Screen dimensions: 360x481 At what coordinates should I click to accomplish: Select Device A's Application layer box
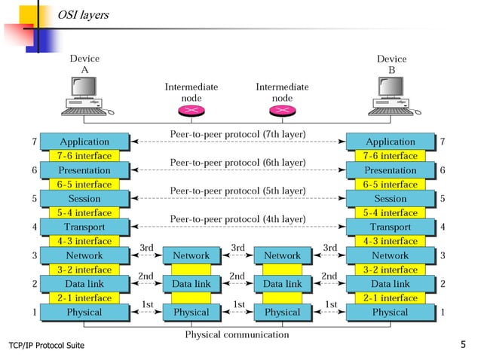pos(84,142)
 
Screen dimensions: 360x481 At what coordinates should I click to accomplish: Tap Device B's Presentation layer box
pos(390,170)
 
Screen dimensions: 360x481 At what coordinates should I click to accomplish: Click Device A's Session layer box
pos(84,199)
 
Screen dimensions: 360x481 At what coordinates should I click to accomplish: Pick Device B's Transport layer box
pos(390,227)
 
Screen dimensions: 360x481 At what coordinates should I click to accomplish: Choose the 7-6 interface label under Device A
pos(84,156)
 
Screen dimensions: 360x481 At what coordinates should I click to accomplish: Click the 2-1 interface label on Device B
pos(390,298)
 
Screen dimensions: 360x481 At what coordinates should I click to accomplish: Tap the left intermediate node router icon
pos(191,111)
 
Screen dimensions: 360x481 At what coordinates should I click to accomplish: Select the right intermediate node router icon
pos(282,111)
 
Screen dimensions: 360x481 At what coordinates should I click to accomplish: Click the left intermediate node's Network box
pos(191,255)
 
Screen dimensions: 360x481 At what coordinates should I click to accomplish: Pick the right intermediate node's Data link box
pos(282,284)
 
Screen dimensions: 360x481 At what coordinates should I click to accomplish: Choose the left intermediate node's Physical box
pos(191,312)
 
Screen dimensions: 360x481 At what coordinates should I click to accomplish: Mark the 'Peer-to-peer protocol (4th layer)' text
pos(237,219)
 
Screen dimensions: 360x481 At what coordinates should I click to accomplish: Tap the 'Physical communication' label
pos(237,334)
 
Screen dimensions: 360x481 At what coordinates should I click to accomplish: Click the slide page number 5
pos(463,345)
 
